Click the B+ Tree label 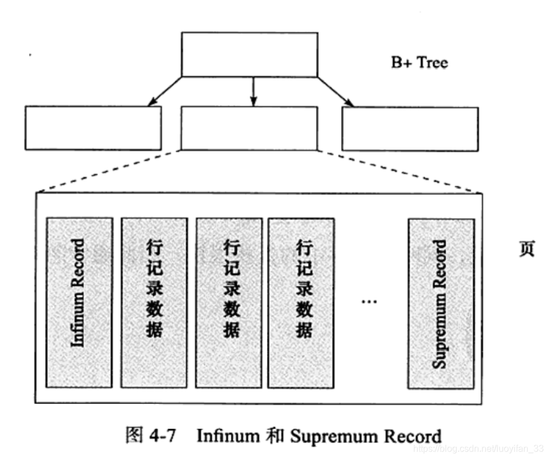pos(419,63)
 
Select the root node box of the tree pos(249,54)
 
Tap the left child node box pos(93,128)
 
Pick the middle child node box pos(249,128)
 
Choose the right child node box pos(409,129)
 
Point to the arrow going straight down pos(252,92)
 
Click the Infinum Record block pos(79,303)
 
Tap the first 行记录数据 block pos(154,303)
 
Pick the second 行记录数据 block pos(229,303)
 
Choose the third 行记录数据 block pos(301,303)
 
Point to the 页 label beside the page pos(527,250)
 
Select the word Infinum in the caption pos(228,436)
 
